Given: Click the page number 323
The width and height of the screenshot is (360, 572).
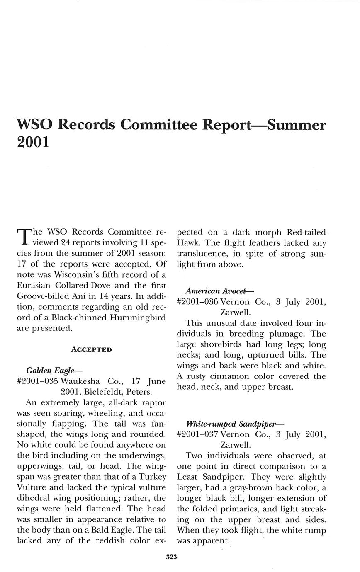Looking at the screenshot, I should click(x=172, y=557).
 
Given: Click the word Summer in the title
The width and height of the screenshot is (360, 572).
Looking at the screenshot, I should click(x=297, y=125).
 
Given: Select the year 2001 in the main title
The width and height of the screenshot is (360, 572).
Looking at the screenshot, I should click(x=33, y=142).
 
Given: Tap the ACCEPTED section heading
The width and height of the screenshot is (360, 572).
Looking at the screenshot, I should click(x=91, y=349).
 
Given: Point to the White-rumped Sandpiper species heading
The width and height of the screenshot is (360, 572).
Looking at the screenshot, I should click(x=235, y=424).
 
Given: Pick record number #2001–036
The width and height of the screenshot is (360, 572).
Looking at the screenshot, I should click(x=197, y=302).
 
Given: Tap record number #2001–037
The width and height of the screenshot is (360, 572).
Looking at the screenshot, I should click(x=197, y=434).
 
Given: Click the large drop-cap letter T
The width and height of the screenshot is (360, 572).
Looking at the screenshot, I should click(x=23, y=236).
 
